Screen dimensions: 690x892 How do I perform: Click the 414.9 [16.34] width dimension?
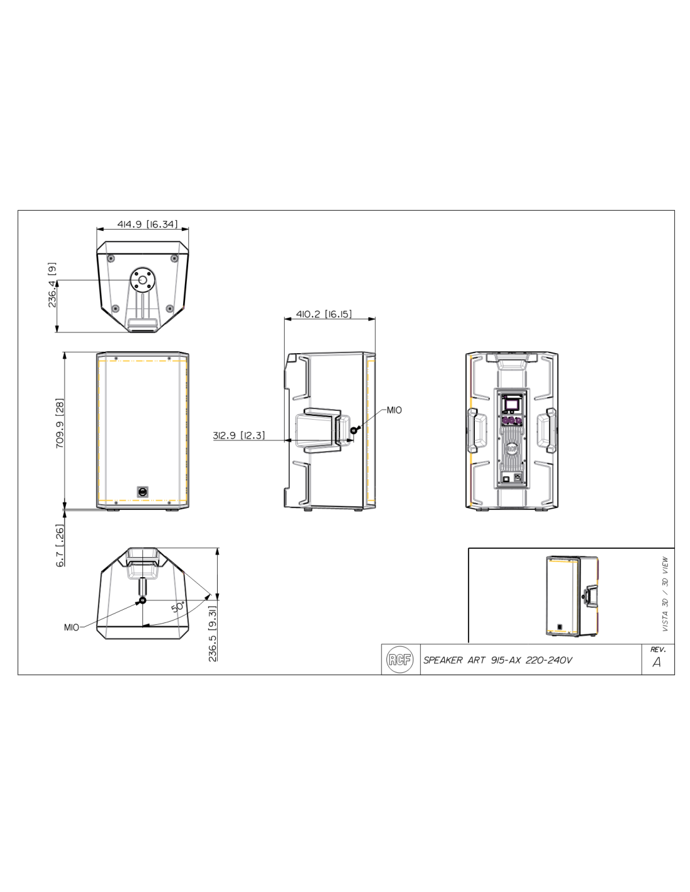(147, 224)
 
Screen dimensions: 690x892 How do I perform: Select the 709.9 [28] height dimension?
(60, 423)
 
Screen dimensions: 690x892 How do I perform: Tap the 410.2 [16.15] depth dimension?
(324, 314)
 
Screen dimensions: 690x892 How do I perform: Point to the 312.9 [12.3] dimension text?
(239, 435)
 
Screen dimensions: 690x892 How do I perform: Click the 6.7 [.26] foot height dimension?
(60, 546)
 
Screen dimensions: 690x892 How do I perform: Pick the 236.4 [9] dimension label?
(52, 285)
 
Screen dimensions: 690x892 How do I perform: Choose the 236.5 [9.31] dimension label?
(213, 634)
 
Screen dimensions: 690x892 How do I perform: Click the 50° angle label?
(178, 607)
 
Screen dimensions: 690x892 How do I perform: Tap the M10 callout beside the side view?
(394, 410)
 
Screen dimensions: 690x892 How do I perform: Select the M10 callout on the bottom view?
(72, 627)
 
